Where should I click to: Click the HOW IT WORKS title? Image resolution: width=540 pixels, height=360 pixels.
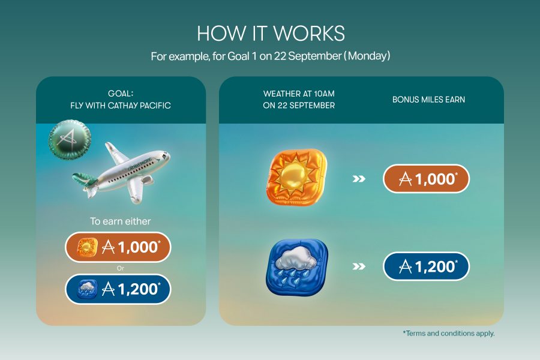[271, 34]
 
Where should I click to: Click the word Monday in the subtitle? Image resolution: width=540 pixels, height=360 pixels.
[369, 56]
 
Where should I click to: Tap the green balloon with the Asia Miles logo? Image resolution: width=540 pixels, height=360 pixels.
[70, 140]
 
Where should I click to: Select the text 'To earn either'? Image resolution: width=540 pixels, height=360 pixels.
[121, 221]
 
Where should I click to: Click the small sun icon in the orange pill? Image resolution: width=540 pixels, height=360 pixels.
[87, 247]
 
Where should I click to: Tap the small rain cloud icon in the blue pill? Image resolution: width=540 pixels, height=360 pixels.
[87, 289]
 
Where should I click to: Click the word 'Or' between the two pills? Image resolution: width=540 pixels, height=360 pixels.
[120, 268]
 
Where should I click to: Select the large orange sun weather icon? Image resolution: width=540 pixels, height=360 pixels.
[297, 177]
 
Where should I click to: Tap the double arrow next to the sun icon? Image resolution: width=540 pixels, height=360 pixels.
[359, 179]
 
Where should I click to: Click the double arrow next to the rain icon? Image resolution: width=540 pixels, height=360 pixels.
[359, 266]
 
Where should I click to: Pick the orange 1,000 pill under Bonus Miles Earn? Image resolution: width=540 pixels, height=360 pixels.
[427, 178]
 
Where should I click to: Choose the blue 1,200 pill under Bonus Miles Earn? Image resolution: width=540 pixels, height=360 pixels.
[427, 266]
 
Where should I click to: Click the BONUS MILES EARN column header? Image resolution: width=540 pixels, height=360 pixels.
[428, 100]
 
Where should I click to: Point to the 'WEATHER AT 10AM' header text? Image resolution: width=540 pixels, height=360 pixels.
[299, 94]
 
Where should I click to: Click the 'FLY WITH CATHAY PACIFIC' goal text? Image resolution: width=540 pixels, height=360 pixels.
[121, 106]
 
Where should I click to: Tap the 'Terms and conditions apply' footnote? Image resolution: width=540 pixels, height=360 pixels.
[449, 334]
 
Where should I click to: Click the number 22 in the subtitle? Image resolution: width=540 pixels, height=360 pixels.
[280, 56]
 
